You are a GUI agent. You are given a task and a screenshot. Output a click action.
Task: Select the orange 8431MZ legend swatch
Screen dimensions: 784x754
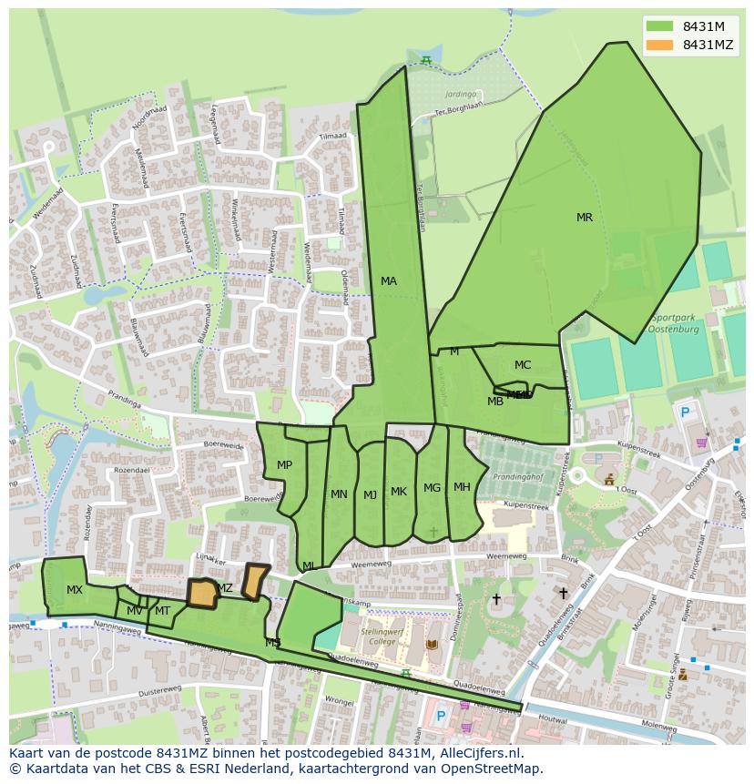point(661,45)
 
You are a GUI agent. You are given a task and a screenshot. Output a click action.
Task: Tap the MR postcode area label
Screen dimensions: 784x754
point(585,218)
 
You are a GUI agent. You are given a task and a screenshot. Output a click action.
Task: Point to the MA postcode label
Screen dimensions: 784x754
point(389,281)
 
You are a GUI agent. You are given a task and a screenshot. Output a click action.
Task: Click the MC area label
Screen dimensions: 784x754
point(522,365)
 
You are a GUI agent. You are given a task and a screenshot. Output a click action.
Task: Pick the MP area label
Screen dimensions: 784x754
point(284,465)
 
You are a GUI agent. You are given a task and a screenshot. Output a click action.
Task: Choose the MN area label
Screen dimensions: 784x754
point(339,494)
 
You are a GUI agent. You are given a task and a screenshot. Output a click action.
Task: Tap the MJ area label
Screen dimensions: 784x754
point(370,495)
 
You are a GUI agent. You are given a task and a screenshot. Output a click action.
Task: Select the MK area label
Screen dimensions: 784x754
point(399,492)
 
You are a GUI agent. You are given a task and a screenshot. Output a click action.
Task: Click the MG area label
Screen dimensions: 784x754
point(432,488)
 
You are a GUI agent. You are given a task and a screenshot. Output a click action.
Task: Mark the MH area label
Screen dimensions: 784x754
point(462,487)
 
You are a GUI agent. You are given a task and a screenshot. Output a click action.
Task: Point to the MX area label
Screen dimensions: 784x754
point(75,590)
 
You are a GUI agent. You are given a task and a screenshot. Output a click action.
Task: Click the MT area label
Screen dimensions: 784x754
point(162,611)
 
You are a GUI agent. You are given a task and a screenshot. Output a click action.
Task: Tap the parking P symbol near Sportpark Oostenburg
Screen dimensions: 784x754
point(685,412)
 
